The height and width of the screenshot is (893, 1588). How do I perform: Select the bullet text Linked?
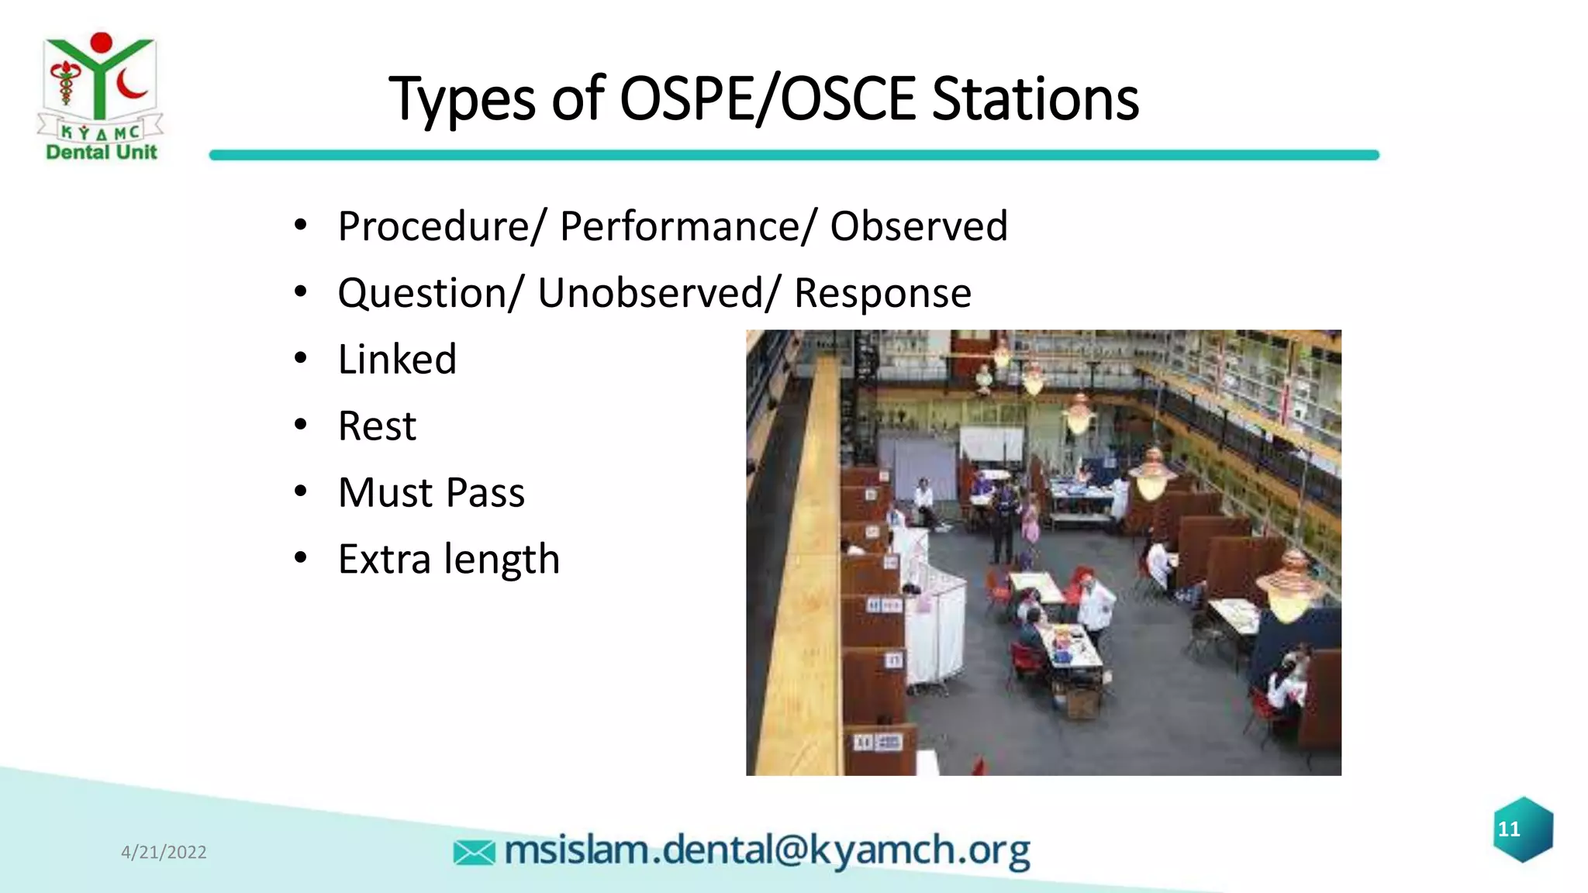[x=397, y=360]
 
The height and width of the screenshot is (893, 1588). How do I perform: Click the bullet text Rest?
[x=377, y=426]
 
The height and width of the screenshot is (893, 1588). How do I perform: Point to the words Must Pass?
[x=431, y=493]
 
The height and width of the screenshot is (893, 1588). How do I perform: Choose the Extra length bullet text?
[x=448, y=560]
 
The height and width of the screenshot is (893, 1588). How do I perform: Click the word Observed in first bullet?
[x=918, y=226]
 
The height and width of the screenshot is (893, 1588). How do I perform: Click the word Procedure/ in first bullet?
[x=442, y=226]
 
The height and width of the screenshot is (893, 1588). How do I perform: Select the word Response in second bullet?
[x=882, y=293]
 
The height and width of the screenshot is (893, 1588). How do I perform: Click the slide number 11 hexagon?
[x=1523, y=829]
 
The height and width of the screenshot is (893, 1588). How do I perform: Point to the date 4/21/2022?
[x=164, y=852]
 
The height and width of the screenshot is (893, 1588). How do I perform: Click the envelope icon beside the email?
[x=474, y=853]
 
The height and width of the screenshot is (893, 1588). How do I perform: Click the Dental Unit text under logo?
[x=102, y=152]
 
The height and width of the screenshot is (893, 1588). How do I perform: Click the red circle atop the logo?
[x=101, y=43]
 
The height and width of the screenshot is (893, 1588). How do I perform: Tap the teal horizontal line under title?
[x=794, y=155]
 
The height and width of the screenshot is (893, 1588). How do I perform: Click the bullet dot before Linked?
[x=301, y=359]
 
